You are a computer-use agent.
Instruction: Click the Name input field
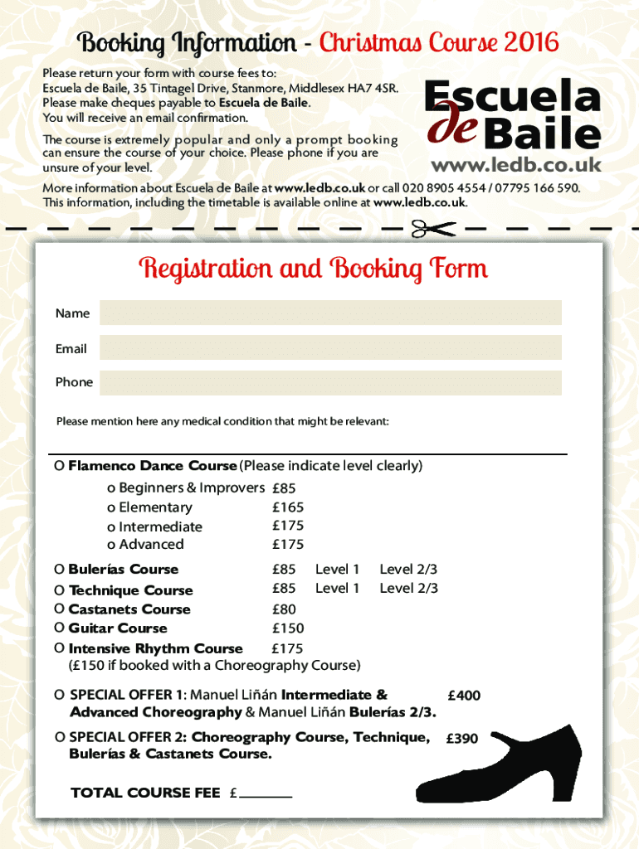click(x=330, y=313)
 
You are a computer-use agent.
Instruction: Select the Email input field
click(x=330, y=347)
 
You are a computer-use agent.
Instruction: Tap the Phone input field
click(x=330, y=382)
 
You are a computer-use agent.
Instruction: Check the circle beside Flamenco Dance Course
click(x=59, y=466)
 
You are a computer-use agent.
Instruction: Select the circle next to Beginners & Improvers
click(x=111, y=488)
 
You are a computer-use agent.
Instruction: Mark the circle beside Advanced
click(x=111, y=545)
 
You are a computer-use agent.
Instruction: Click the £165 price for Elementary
click(x=288, y=507)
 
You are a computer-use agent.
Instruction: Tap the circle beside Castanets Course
click(x=59, y=609)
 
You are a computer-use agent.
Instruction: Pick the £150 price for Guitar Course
click(x=288, y=628)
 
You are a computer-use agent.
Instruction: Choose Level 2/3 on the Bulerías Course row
click(x=408, y=570)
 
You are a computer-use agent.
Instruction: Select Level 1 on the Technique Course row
click(x=337, y=589)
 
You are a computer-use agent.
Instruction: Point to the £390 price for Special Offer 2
click(x=462, y=739)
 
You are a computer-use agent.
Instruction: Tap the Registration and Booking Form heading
click(x=314, y=269)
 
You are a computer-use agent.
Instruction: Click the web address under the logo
click(x=515, y=166)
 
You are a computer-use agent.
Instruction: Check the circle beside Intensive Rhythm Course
click(x=59, y=648)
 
